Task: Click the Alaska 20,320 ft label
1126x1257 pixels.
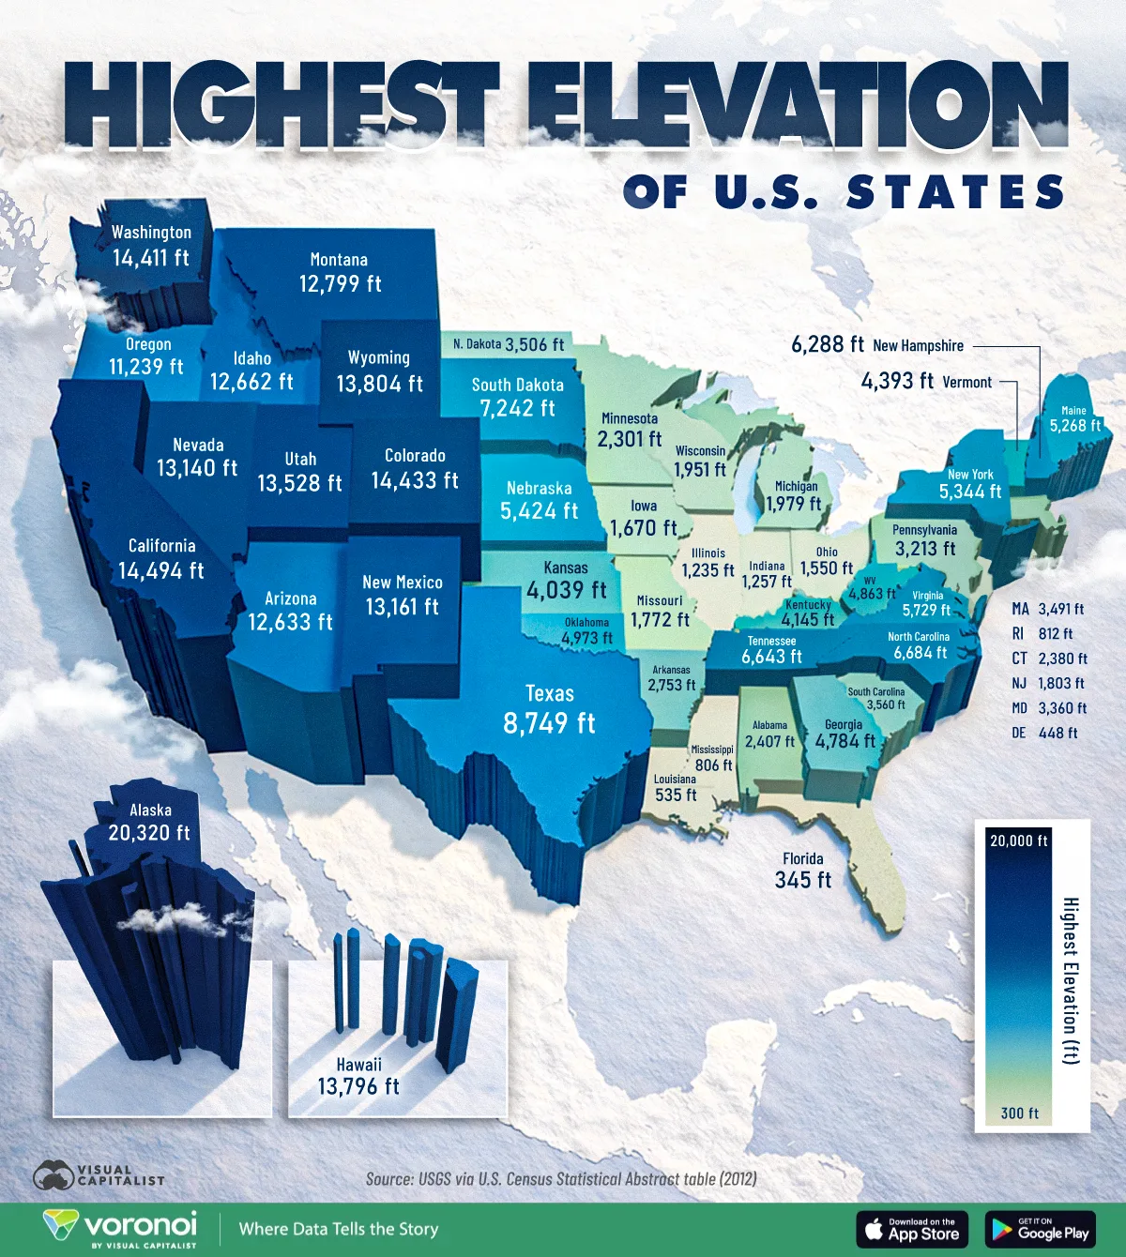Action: (x=149, y=823)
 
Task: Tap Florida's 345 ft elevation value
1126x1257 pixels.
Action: (x=803, y=880)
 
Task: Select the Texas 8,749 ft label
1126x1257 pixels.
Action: (x=550, y=710)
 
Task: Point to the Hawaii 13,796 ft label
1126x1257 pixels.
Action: (x=358, y=1077)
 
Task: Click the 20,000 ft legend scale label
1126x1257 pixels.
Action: (x=1019, y=841)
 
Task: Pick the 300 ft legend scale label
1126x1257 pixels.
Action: (x=1019, y=1113)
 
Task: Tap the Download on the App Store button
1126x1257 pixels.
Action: (x=911, y=1229)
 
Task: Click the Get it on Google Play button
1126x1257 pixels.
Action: (x=1041, y=1229)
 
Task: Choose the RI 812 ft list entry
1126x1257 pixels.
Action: (x=1042, y=634)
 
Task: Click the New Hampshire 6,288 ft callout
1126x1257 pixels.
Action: (x=877, y=345)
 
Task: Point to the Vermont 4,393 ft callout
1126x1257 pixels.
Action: (x=926, y=382)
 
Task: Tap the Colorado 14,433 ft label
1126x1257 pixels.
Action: (x=415, y=469)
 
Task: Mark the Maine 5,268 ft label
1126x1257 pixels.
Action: (x=1074, y=419)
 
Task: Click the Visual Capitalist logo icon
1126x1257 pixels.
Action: (x=54, y=1175)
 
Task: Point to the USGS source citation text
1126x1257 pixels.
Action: (x=561, y=1179)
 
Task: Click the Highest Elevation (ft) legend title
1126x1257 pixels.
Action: (x=1071, y=980)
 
